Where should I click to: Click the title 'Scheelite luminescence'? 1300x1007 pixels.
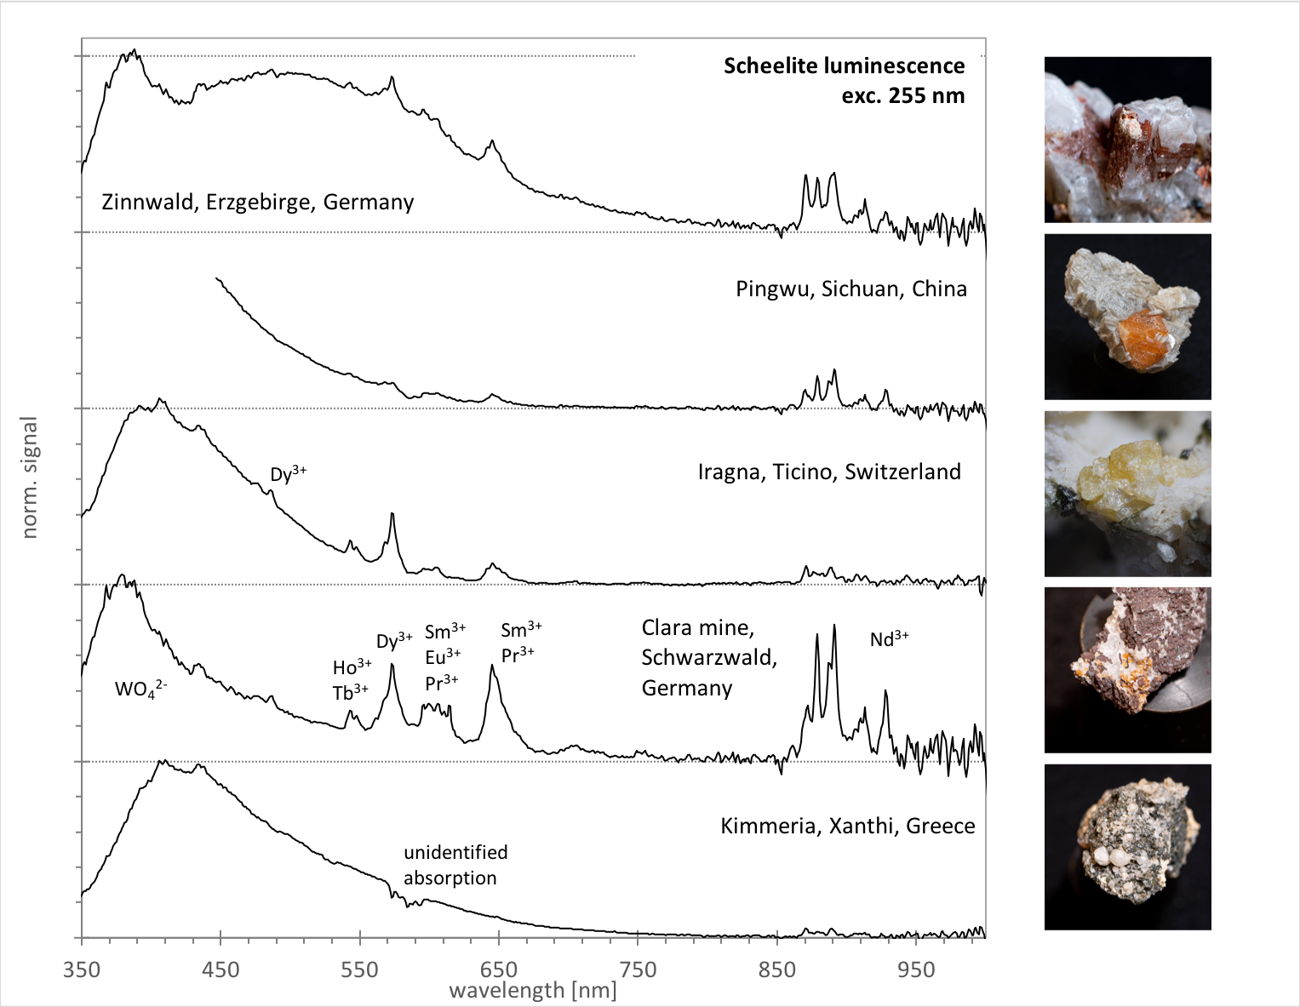[844, 66]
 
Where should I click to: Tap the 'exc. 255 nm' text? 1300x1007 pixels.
[903, 95]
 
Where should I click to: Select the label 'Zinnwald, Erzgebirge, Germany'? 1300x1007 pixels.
[257, 203]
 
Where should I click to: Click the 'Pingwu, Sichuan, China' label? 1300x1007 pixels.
[850, 289]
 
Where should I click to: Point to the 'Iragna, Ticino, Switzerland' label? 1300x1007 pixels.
[828, 472]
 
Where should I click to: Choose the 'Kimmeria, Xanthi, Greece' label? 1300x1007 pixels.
[847, 827]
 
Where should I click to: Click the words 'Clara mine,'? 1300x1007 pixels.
[697, 629]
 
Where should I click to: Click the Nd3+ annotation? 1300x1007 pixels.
[889, 639]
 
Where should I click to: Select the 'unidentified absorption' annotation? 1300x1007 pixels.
[455, 865]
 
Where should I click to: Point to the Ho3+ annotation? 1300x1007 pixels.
[351, 667]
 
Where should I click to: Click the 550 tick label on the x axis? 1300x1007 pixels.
[359, 970]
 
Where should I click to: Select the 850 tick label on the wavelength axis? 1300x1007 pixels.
[776, 970]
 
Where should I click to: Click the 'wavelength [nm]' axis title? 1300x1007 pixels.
[532, 991]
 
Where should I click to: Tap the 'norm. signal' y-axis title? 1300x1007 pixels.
[31, 478]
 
